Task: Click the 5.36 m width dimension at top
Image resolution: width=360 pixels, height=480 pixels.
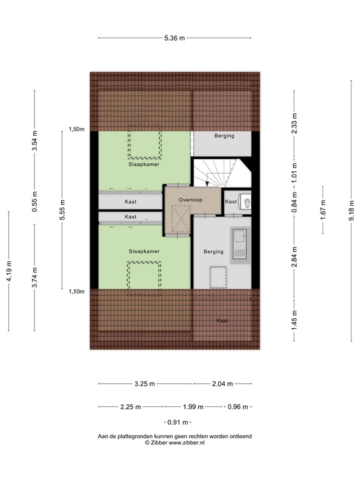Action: click(174, 38)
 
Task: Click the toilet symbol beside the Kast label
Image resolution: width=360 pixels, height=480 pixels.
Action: click(246, 202)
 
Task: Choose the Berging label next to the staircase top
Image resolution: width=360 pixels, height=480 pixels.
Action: click(224, 136)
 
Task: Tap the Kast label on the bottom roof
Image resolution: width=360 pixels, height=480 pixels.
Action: click(222, 320)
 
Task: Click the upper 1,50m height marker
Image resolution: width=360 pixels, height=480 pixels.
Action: click(76, 129)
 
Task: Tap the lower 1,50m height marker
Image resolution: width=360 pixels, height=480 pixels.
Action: click(76, 291)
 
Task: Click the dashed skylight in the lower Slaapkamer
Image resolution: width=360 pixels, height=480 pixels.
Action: click(144, 276)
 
